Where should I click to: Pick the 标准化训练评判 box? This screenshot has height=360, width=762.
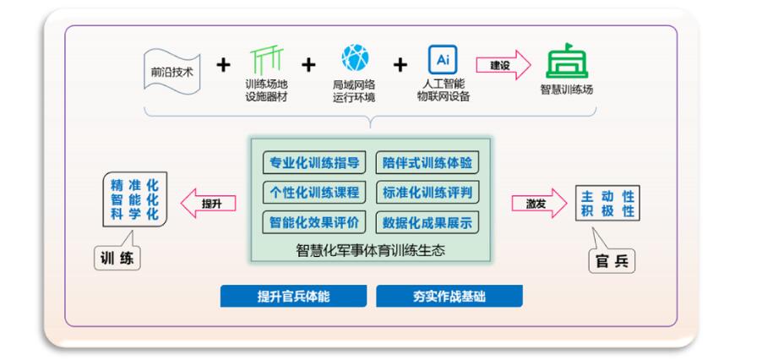click(x=426, y=193)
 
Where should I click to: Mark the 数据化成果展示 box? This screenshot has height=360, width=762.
click(x=426, y=223)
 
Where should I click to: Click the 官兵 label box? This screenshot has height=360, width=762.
click(x=612, y=261)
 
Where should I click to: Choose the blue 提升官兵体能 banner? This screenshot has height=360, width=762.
click(x=293, y=297)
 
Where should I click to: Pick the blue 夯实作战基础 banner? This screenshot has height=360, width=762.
click(x=449, y=297)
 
